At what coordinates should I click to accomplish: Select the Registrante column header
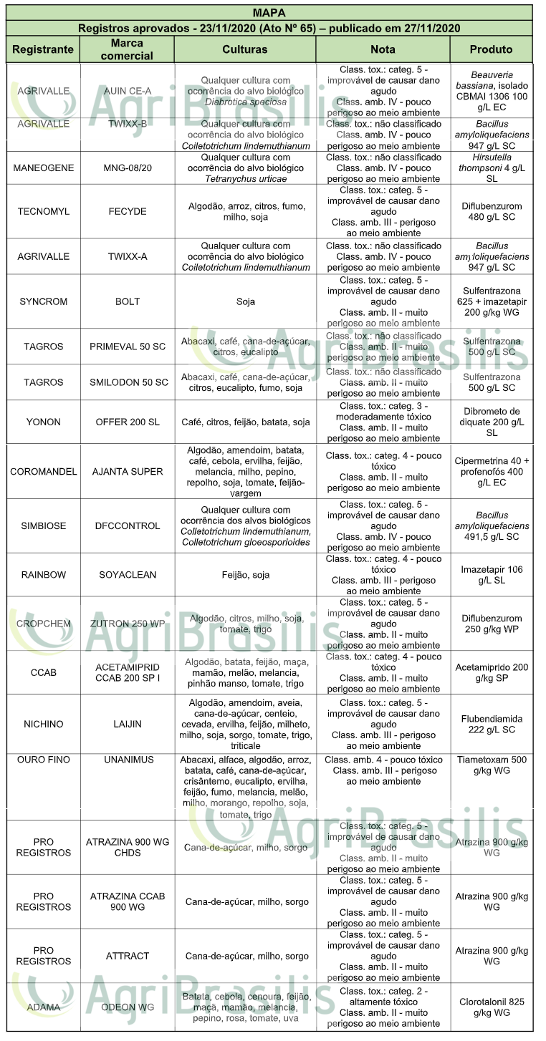point(43,49)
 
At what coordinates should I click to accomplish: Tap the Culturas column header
point(244,49)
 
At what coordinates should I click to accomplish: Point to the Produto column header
point(491,49)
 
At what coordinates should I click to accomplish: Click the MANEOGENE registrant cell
point(43,168)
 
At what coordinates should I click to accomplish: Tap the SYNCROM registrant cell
point(43,301)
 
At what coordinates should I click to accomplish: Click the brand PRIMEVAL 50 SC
point(127,347)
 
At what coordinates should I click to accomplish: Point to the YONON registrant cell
point(43,422)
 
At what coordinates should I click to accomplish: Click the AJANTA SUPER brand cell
point(127,472)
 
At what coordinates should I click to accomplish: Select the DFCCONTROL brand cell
point(127,526)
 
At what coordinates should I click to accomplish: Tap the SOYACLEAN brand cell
point(127,574)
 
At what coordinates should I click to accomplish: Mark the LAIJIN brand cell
point(127,724)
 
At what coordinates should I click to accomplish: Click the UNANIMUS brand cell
point(127,760)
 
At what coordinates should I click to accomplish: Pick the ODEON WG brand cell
point(127,1007)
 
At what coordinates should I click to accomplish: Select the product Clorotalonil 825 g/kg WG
point(492,1007)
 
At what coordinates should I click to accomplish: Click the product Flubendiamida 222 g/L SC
point(492,724)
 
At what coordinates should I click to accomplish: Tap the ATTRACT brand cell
point(127,956)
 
